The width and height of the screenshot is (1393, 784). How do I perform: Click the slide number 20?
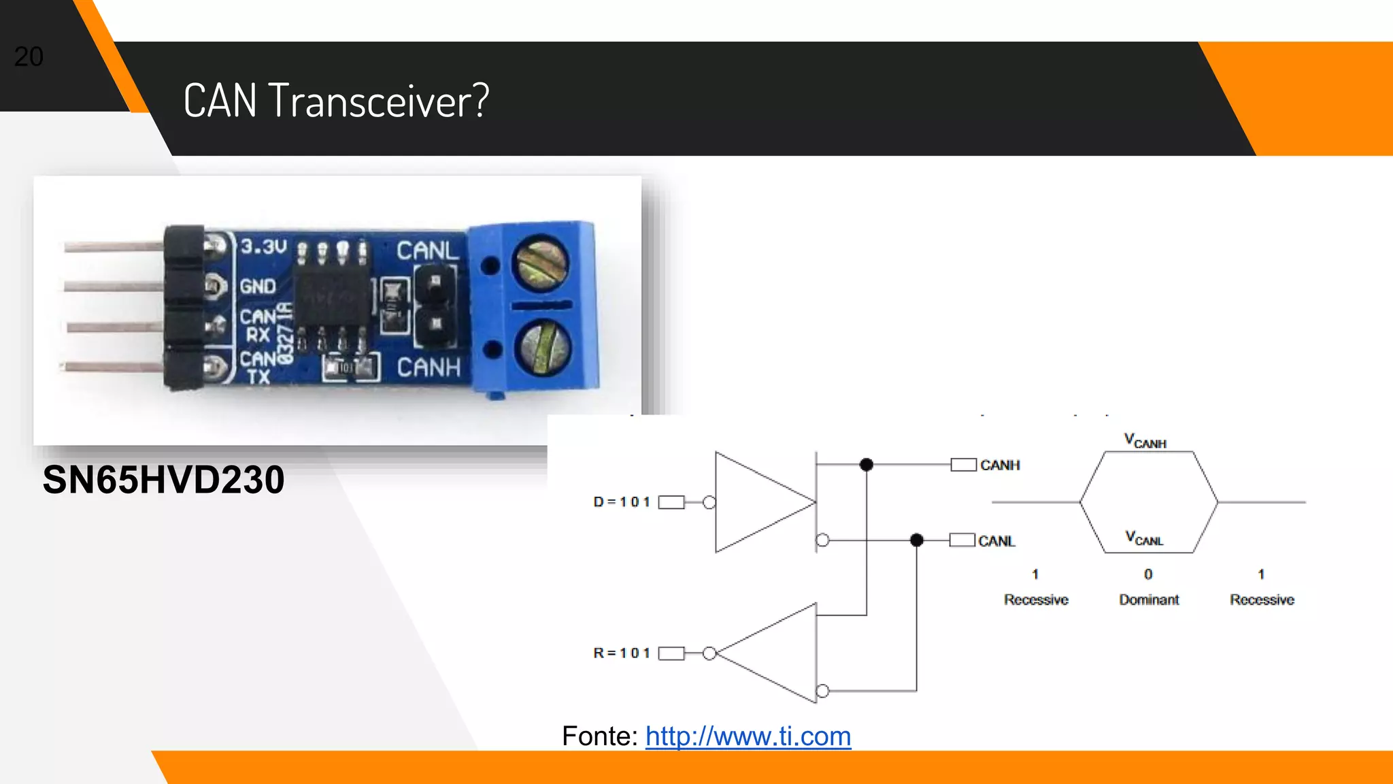(x=29, y=56)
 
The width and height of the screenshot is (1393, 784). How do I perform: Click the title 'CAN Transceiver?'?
(x=336, y=101)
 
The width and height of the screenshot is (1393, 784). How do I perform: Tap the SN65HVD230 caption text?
(x=163, y=479)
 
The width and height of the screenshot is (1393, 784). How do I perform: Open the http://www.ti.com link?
(x=748, y=736)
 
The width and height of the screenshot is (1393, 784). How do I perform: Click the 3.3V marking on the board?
(x=264, y=246)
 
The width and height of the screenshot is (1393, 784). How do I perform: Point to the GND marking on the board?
(x=258, y=287)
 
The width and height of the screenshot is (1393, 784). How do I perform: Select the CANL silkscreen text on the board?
(x=428, y=250)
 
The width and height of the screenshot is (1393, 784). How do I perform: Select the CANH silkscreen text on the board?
(x=429, y=367)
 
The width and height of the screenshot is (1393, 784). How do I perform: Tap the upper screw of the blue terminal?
(x=541, y=263)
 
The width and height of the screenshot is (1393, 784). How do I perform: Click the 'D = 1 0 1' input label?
(x=622, y=502)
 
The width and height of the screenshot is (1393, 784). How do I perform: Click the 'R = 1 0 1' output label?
(x=622, y=653)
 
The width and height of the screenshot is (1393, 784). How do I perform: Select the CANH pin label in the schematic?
(x=1000, y=465)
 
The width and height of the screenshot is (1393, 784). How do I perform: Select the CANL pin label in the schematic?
(x=996, y=541)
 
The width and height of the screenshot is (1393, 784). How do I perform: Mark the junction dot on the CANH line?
(x=866, y=465)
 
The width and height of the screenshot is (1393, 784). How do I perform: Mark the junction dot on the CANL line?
(x=916, y=540)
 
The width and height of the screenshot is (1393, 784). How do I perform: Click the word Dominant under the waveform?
(x=1149, y=600)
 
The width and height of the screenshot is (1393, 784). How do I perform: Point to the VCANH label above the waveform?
(x=1145, y=441)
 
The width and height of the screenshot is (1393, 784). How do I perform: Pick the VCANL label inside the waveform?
(x=1144, y=538)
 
